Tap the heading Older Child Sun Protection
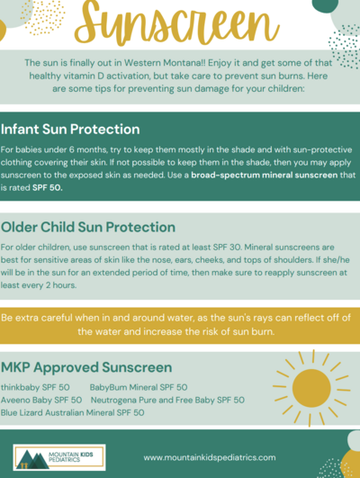tap(87, 225)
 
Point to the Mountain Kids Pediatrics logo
tap(59, 457)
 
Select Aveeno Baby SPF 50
tap(41, 399)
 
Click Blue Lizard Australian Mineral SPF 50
tap(73, 412)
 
